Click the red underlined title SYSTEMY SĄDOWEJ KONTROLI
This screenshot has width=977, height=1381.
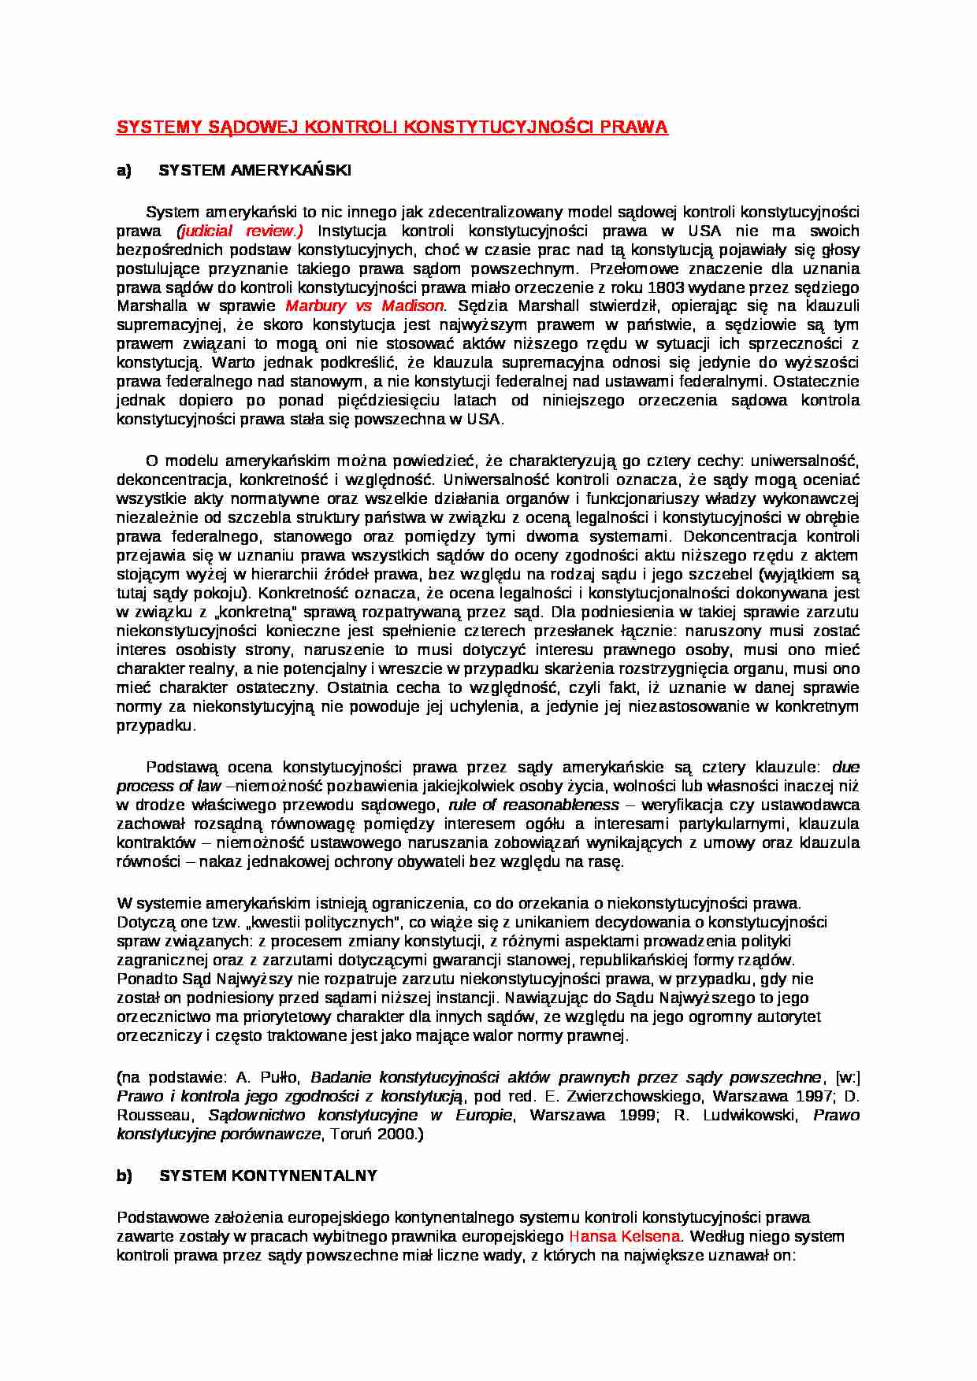[x=392, y=128]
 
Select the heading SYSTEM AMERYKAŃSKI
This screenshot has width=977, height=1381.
[x=255, y=171]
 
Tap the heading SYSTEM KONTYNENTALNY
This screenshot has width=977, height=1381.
[x=268, y=1176]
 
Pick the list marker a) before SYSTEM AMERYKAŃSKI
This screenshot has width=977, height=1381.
[x=124, y=171]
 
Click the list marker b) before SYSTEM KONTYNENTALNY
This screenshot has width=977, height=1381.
[x=124, y=1176]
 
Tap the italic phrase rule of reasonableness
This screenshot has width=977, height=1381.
[x=533, y=805]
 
